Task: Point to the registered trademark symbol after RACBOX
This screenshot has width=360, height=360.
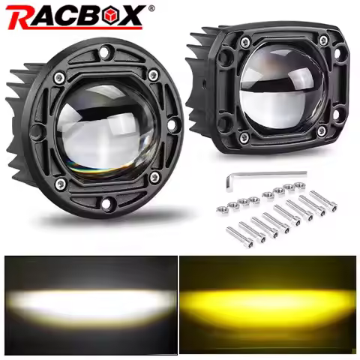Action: [152, 9]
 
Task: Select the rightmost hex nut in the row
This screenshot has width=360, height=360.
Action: [298, 184]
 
